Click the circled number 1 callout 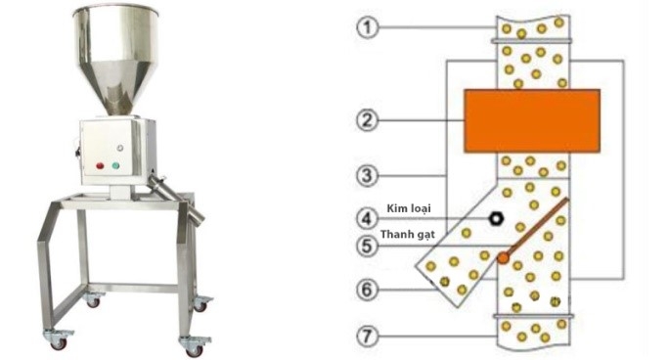(x=367, y=28)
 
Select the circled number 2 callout (x=367, y=120)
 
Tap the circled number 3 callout (x=367, y=175)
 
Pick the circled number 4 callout (x=367, y=218)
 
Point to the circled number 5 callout (x=367, y=246)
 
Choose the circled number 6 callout (x=367, y=291)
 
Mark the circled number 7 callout (x=367, y=337)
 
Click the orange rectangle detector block (x=532, y=121)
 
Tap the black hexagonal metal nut (x=496, y=219)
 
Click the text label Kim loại (x=409, y=208)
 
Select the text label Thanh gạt (x=407, y=235)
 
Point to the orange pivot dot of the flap (x=504, y=257)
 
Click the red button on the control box (x=100, y=165)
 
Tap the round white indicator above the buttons (x=120, y=148)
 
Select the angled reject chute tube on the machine (x=175, y=199)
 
